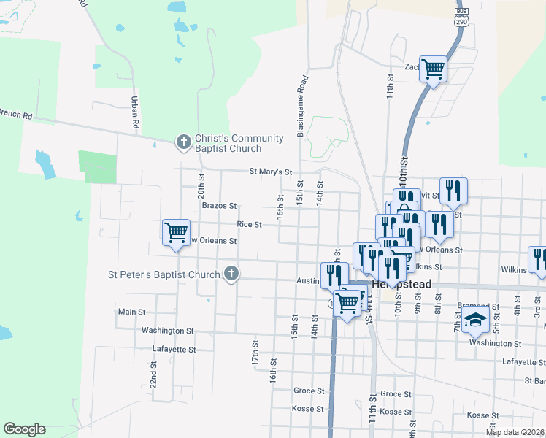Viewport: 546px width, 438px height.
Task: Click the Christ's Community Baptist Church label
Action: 229,144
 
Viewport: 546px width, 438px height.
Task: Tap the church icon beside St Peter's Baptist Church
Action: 231,274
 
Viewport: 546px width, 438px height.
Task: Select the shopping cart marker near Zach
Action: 433,69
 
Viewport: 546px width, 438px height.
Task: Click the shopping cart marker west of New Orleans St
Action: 176,233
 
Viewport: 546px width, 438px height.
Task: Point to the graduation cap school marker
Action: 474,319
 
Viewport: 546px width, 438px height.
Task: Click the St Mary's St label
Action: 270,172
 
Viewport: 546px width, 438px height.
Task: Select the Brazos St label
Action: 219,207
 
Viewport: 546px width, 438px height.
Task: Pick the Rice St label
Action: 249,225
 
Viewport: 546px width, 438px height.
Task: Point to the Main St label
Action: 131,312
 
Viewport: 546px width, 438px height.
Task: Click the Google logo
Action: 24,429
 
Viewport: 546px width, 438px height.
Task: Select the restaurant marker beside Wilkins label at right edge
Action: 539,259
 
